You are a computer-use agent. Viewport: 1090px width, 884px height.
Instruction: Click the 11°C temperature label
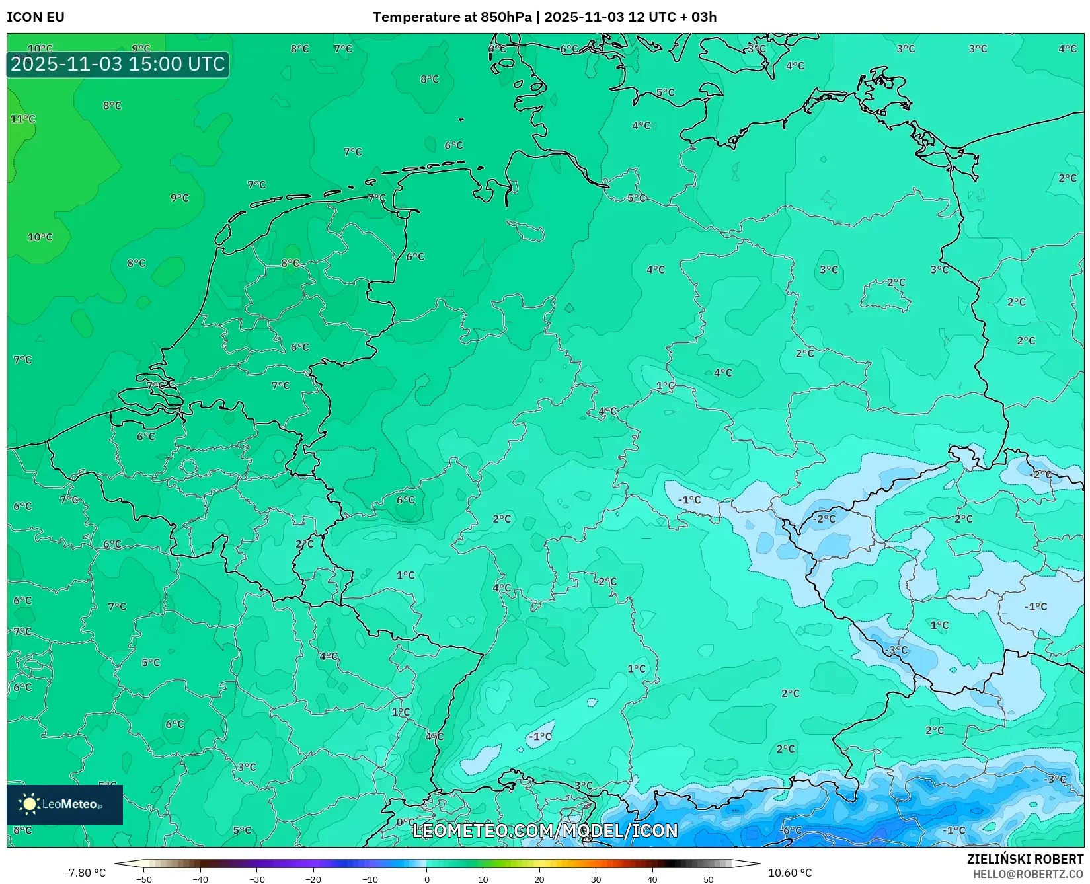tap(22, 119)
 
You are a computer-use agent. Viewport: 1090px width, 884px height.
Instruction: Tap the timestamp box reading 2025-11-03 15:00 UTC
tap(118, 64)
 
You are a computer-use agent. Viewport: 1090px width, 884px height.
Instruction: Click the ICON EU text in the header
tap(36, 17)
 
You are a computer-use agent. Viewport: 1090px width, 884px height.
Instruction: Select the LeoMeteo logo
tap(64, 804)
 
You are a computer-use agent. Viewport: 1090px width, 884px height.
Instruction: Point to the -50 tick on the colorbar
tap(144, 879)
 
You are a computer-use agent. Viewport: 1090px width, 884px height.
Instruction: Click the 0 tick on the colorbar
tap(427, 879)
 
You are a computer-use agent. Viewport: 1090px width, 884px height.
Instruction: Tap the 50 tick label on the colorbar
tap(709, 879)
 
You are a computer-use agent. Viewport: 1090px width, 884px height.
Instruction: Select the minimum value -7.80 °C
tap(85, 873)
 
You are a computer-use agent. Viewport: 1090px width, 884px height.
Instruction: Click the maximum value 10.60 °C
tap(790, 873)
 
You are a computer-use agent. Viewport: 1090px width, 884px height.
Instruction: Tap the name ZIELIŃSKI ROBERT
tap(1025, 859)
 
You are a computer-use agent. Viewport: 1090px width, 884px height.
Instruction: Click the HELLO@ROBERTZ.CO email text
tap(1028, 874)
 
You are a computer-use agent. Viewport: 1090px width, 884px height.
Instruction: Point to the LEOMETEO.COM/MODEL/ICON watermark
tap(545, 830)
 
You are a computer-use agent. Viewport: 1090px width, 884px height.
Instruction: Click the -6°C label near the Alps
tap(791, 830)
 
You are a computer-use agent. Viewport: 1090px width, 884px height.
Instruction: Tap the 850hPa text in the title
tap(506, 17)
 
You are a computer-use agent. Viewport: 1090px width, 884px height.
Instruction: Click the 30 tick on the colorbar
tap(596, 879)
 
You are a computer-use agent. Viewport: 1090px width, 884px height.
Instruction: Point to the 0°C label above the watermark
tap(405, 823)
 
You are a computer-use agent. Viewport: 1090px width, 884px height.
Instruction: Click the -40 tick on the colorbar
tap(200, 879)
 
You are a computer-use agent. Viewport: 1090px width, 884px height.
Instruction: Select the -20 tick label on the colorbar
tap(313, 879)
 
